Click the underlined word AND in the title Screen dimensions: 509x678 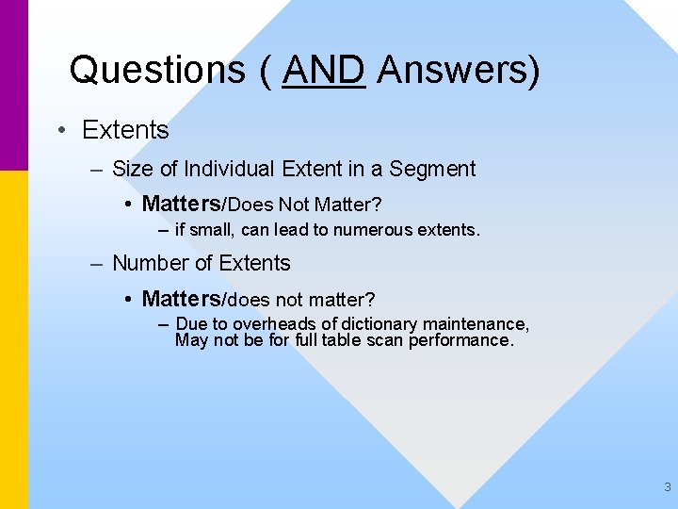[323, 69]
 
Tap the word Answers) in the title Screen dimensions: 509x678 [458, 69]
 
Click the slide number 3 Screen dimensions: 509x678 [668, 487]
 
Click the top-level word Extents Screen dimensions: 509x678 [125, 130]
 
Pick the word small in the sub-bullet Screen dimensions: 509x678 [211, 229]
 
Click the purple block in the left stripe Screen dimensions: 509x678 [14, 85]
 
